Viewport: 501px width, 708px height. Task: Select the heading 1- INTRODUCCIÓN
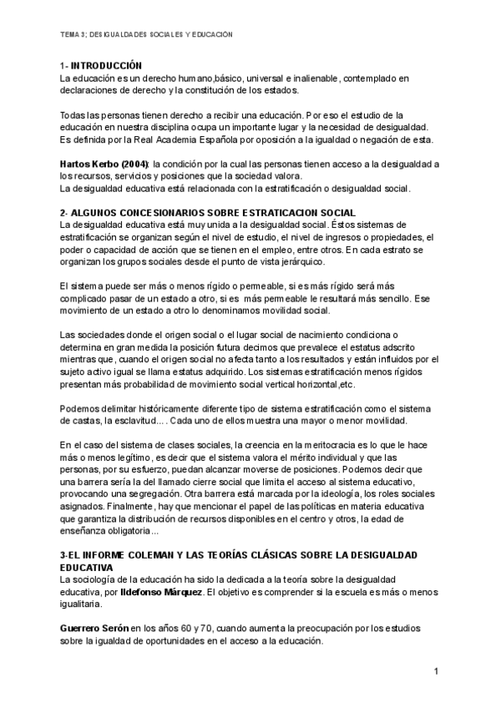coord(101,66)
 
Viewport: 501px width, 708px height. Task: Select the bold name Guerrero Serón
coord(94,628)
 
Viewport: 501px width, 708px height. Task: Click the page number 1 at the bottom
coord(436,671)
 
